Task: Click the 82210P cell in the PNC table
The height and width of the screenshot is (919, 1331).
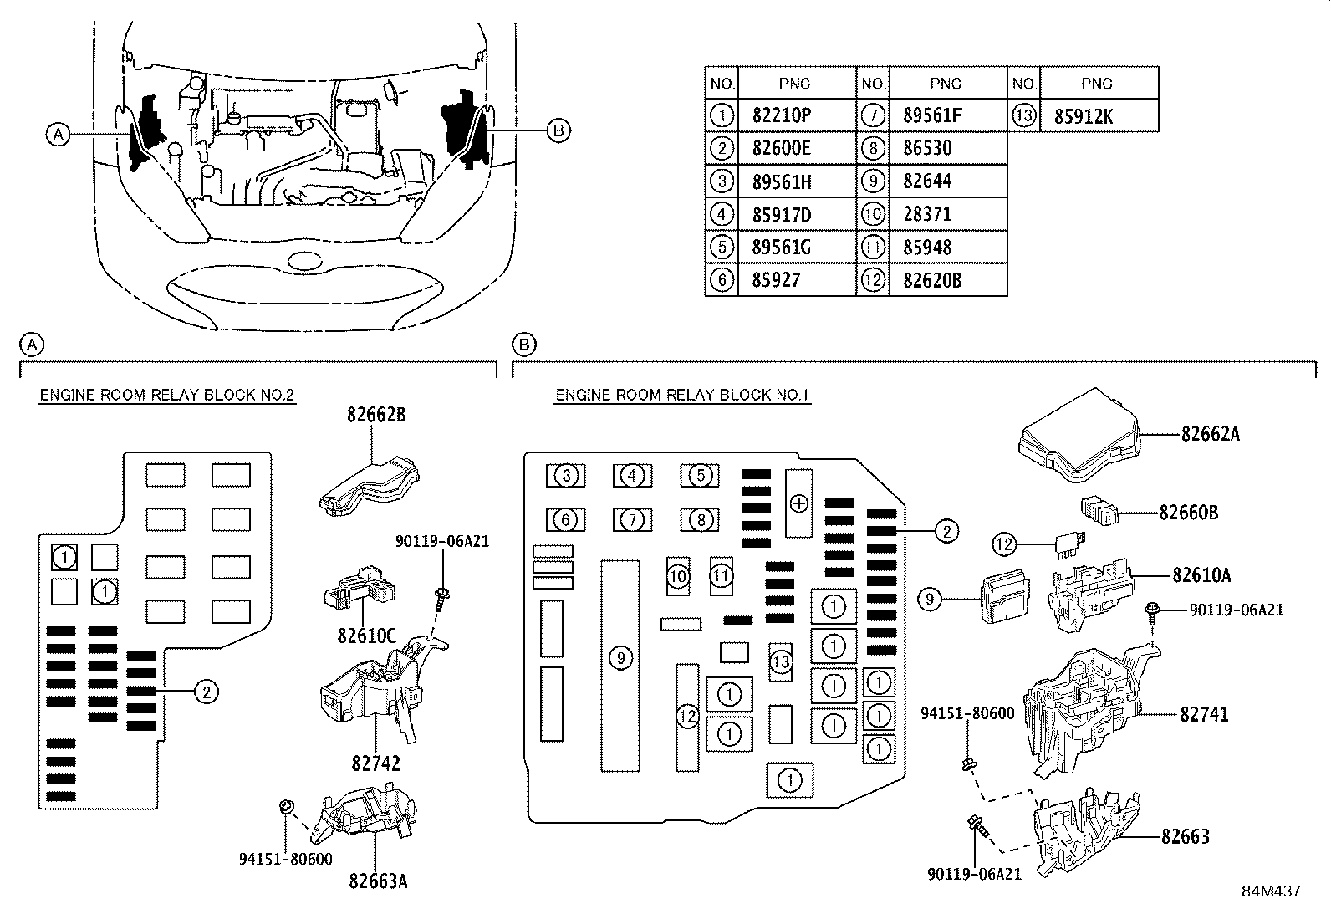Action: pyautogui.click(x=782, y=115)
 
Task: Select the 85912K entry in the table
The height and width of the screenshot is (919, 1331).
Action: pyautogui.click(x=1084, y=116)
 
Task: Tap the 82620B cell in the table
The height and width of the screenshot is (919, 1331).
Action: pyautogui.click(x=932, y=281)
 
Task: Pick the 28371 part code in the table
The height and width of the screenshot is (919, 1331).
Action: pyautogui.click(x=927, y=214)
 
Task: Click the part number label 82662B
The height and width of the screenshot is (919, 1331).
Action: pyautogui.click(x=376, y=415)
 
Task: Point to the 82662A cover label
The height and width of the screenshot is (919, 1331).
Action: pyautogui.click(x=1211, y=435)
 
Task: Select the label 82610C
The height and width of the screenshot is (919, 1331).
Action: pyautogui.click(x=367, y=636)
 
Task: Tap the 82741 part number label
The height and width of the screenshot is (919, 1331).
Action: pyautogui.click(x=1204, y=714)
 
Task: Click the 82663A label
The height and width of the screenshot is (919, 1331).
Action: pyautogui.click(x=378, y=881)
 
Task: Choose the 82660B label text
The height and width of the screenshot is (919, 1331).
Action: pyautogui.click(x=1188, y=513)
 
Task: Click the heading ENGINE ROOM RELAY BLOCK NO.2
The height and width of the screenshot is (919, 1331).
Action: pyautogui.click(x=167, y=396)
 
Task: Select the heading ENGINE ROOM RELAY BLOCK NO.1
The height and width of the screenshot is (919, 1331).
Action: pyautogui.click(x=682, y=396)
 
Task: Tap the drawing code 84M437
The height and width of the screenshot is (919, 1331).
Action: pyautogui.click(x=1271, y=891)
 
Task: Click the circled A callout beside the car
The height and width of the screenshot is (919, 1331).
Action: pyautogui.click(x=58, y=135)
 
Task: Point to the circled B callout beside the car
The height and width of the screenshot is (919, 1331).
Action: pyautogui.click(x=558, y=130)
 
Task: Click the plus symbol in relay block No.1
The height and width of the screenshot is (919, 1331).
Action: pyautogui.click(x=799, y=503)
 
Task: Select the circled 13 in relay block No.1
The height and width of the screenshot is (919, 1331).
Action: pyautogui.click(x=781, y=661)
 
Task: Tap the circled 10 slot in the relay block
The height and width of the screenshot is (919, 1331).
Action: pyautogui.click(x=678, y=576)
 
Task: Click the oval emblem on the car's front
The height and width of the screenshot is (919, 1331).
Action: pyautogui.click(x=303, y=261)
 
